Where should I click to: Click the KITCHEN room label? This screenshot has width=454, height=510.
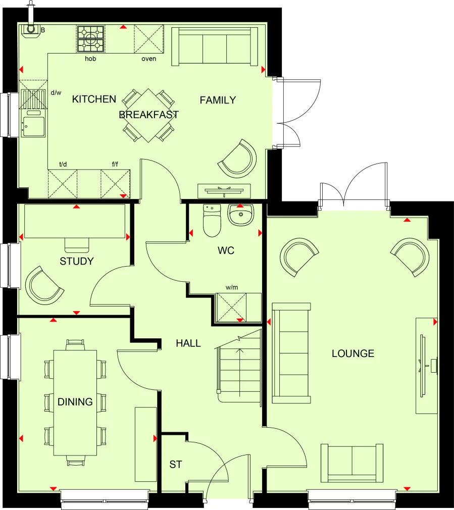pos(94,99)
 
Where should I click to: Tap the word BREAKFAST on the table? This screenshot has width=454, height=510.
pos(148,115)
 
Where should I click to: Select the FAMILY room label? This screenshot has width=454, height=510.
pos(218,100)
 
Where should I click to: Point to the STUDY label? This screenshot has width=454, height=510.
pos(77,261)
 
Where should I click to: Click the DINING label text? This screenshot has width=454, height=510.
pos(75,402)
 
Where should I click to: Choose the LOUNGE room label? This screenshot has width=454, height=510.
pos(353,353)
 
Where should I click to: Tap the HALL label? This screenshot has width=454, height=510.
pos(188,343)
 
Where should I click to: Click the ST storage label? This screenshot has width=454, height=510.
pos(175,465)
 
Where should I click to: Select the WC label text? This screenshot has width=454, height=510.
pos(226,250)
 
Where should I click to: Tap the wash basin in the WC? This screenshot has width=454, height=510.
pos(242,215)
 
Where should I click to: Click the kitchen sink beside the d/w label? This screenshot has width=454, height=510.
pos(32,124)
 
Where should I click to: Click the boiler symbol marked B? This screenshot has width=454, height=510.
pos(31,31)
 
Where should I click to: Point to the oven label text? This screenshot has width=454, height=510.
pos(148,59)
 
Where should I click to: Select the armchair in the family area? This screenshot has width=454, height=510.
pos(238,159)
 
